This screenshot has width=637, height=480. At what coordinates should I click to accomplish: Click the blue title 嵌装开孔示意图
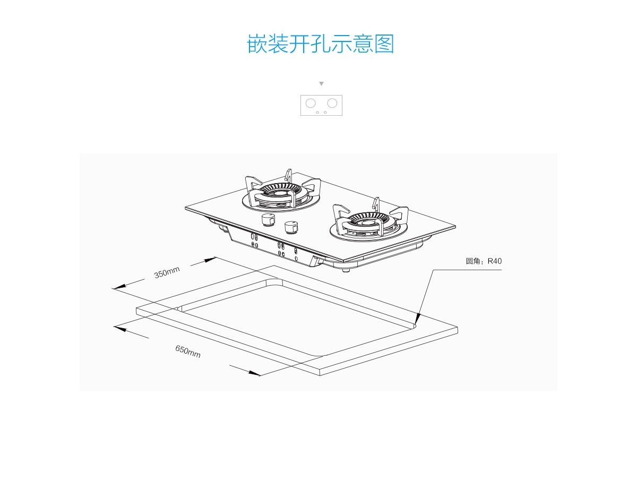(x=321, y=44)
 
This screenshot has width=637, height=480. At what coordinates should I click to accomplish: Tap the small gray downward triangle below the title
(x=321, y=84)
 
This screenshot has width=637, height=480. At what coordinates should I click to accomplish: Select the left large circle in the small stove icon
(x=312, y=102)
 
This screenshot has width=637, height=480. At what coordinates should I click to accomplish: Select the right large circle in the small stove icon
(x=332, y=102)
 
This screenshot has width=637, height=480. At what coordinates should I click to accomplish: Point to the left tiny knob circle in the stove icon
(x=317, y=112)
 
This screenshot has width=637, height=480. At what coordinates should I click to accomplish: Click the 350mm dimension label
(x=167, y=273)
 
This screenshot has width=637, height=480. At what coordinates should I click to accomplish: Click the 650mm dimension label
(x=188, y=351)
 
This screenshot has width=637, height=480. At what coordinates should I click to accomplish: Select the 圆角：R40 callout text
(x=484, y=261)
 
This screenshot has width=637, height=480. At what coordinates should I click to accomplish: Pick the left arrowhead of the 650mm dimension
(x=120, y=329)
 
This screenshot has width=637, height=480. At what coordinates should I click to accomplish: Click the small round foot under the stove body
(x=346, y=270)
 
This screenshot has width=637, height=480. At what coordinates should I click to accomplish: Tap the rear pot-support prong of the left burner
(x=288, y=175)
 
